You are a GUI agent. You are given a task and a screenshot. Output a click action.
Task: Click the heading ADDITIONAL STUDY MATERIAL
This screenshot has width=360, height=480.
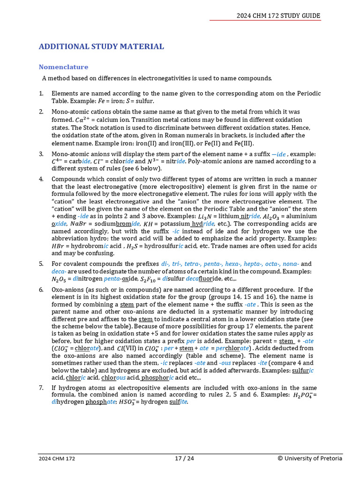click(x=101, y=46)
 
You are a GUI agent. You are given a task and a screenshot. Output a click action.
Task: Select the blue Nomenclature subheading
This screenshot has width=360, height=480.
click(x=63, y=67)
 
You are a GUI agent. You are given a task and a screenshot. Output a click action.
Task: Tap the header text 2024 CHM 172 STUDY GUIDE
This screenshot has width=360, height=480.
click(x=278, y=15)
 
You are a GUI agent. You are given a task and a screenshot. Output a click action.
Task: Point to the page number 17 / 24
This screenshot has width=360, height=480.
click(x=184, y=458)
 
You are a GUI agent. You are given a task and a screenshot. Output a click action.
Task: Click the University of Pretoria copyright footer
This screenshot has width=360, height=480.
click(x=310, y=458)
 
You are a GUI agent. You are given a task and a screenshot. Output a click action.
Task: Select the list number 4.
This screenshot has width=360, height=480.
click(x=41, y=179)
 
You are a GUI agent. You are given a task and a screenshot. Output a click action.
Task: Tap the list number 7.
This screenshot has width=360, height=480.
click(x=41, y=388)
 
